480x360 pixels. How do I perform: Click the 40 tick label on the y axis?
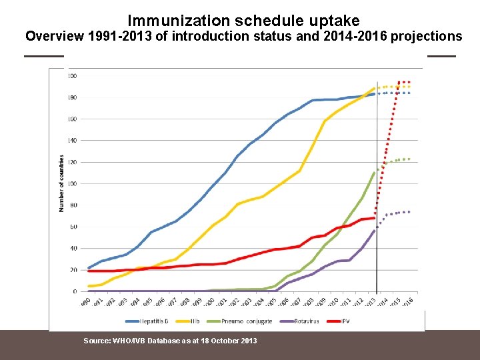tap(73, 248)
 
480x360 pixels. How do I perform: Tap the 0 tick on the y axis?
tap(75, 291)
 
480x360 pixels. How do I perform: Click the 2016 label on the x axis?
tap(407, 301)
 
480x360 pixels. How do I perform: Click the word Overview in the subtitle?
tap(54, 36)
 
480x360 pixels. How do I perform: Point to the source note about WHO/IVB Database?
tap(169, 341)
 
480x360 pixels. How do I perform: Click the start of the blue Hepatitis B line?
tap(89, 268)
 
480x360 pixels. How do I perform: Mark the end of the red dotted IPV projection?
tap(409, 82)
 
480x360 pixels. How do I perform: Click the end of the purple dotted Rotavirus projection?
tap(409, 212)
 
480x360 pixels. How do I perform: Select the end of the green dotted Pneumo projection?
tap(409, 159)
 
